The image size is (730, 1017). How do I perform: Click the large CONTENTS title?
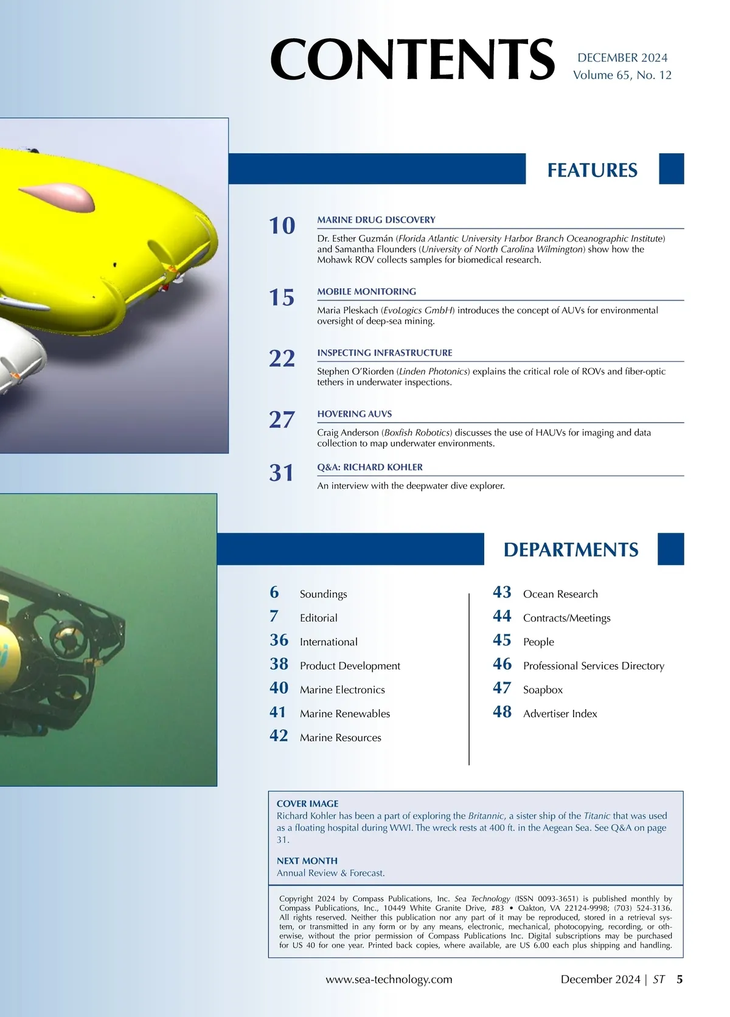[x=412, y=60]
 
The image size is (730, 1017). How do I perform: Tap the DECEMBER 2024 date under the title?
[x=622, y=58]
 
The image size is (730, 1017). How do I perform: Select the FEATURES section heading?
[x=592, y=170]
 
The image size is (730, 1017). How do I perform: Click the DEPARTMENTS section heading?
[x=571, y=549]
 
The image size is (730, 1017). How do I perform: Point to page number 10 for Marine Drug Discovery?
[x=282, y=226]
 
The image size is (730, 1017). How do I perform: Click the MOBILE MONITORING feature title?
[x=366, y=291]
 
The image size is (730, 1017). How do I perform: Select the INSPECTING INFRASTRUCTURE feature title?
[x=384, y=353]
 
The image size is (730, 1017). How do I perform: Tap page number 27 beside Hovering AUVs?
[x=282, y=420]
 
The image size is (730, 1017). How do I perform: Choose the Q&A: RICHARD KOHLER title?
[x=369, y=467]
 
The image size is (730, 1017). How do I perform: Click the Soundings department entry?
[x=323, y=594]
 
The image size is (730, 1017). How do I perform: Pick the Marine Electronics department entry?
[x=342, y=690]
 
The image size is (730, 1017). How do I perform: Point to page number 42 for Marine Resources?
[x=279, y=735]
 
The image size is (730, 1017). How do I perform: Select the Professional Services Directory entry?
[x=593, y=666]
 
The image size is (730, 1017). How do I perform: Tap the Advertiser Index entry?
[x=560, y=713]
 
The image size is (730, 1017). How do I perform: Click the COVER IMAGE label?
[x=307, y=804]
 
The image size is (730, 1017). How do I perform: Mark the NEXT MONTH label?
[x=307, y=861]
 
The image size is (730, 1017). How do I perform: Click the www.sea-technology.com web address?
[x=389, y=979]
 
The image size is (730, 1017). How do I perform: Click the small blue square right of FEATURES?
[x=672, y=168]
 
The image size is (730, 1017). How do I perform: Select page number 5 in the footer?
[x=680, y=979]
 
